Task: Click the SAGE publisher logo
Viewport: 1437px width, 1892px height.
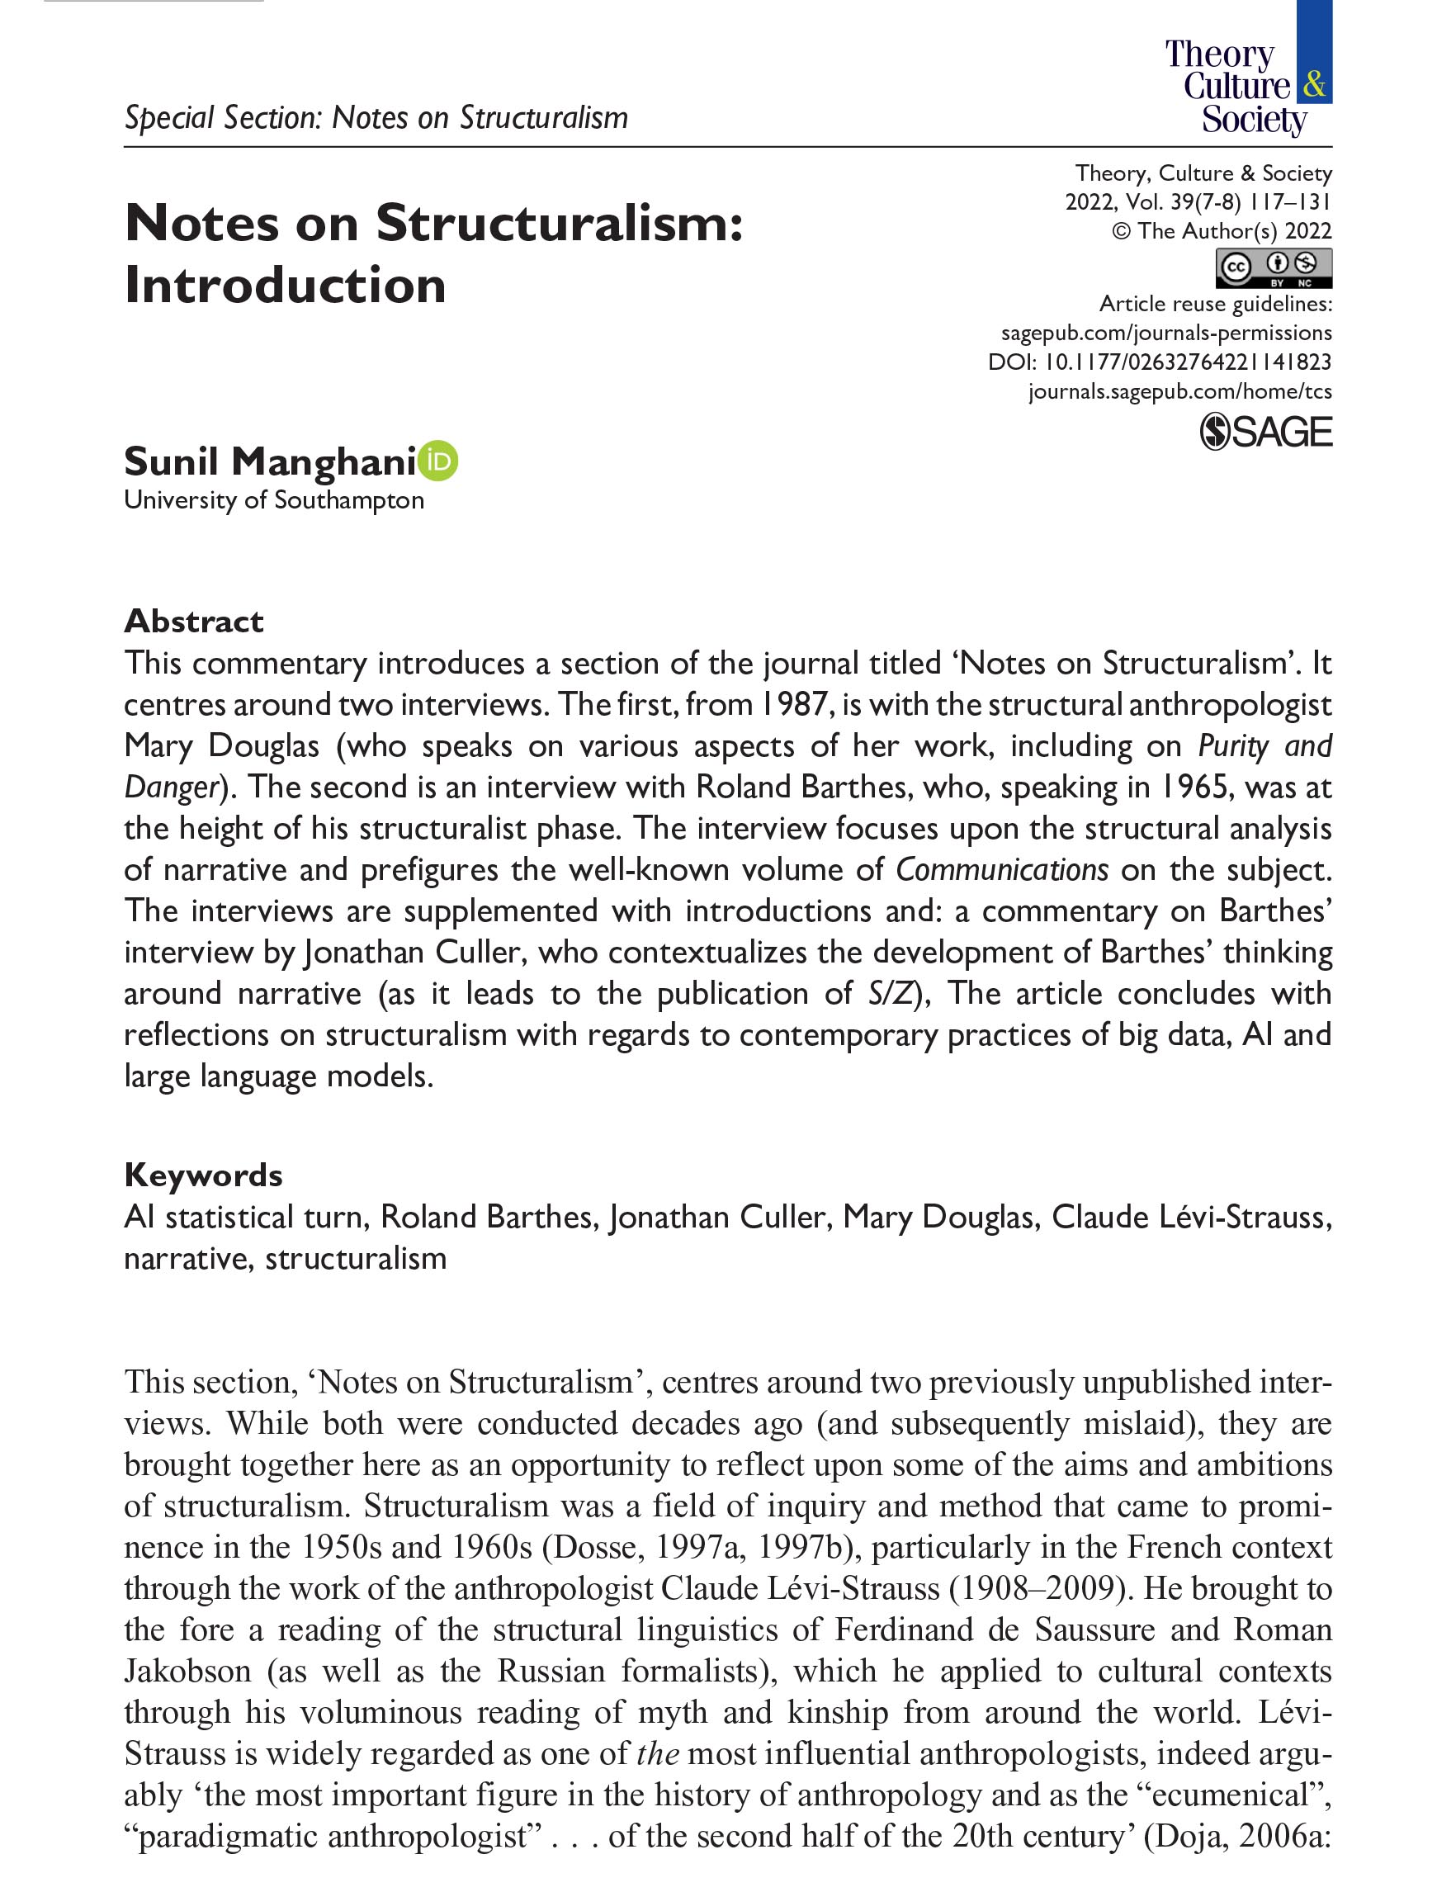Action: click(1266, 432)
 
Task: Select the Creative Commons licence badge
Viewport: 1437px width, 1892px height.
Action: click(1274, 267)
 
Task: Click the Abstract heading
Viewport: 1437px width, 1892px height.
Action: click(193, 621)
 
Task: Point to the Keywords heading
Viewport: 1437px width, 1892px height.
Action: click(203, 1175)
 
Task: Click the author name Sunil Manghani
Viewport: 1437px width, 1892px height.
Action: click(269, 462)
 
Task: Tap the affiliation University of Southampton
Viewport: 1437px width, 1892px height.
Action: click(274, 500)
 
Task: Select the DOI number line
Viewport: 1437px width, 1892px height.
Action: click(1159, 362)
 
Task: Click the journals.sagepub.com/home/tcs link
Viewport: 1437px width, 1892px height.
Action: click(1179, 391)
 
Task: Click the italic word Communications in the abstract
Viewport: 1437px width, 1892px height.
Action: click(1002, 870)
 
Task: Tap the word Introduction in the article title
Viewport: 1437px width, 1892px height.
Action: click(285, 285)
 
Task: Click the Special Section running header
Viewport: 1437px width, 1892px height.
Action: click(376, 117)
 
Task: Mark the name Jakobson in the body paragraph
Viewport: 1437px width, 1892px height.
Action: click(187, 1671)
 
